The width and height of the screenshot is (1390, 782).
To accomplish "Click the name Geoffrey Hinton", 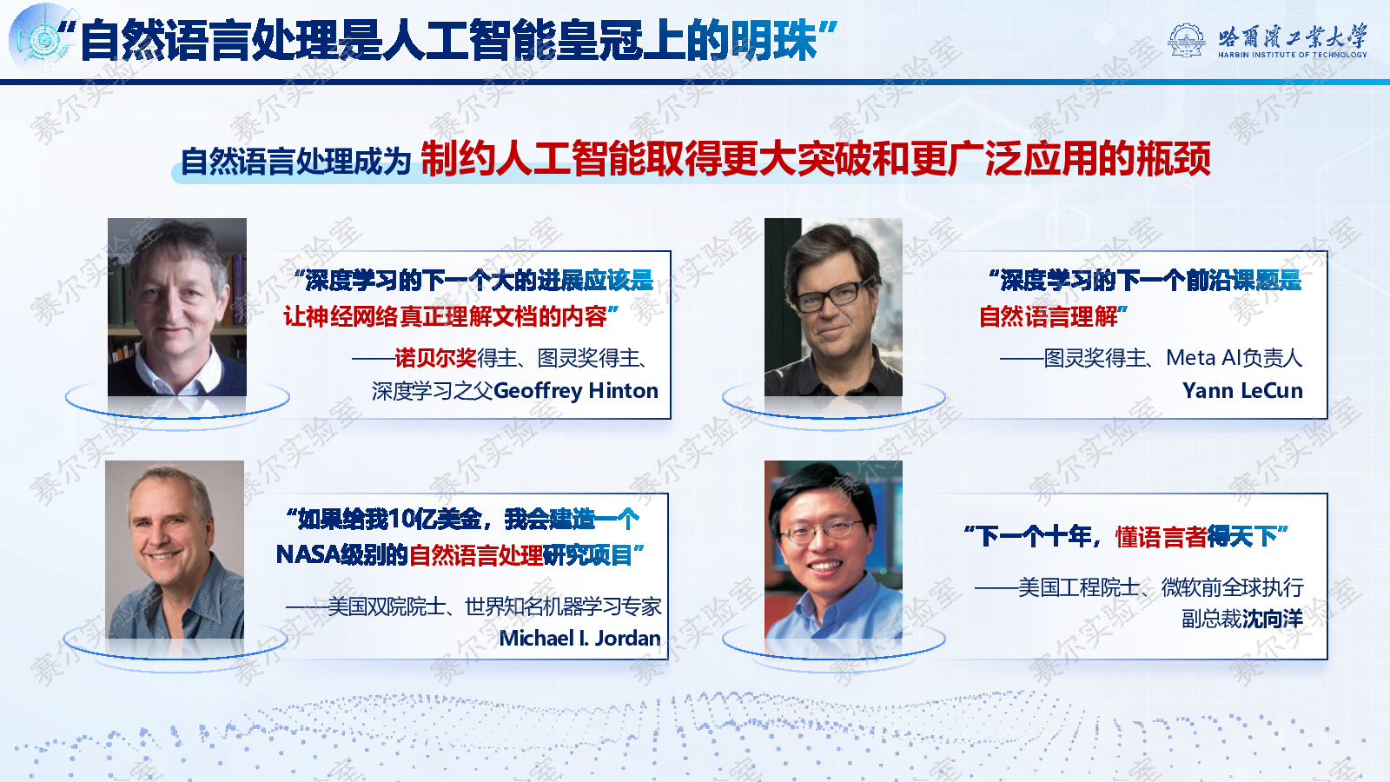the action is click(576, 391).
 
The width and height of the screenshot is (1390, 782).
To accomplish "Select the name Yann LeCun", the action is click(1242, 390).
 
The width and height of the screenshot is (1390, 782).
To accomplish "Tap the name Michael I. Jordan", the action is click(579, 638).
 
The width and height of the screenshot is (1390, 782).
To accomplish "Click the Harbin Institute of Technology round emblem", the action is click(1187, 40).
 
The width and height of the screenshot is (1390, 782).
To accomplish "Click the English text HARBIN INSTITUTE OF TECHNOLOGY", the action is click(1293, 55).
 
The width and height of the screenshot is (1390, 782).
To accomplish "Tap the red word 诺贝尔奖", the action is click(435, 357).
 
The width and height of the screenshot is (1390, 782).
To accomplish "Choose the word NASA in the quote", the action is click(308, 554).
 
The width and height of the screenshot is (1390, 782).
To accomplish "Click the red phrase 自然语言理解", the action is click(1049, 316).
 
